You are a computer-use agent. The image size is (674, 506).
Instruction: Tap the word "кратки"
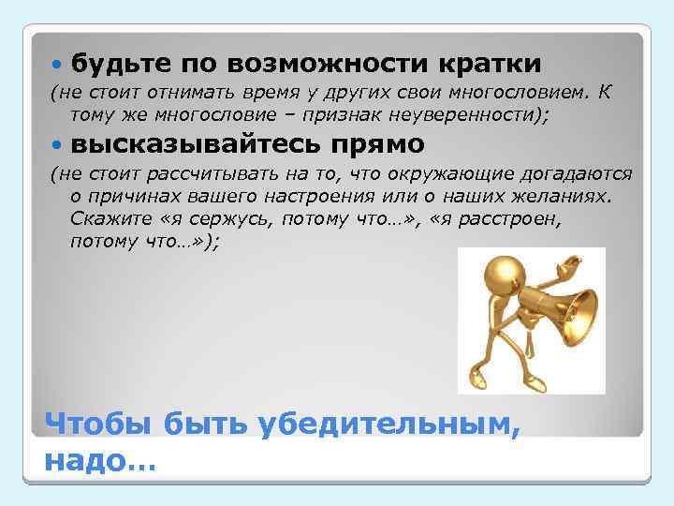(487, 63)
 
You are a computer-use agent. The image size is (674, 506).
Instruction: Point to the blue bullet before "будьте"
(58, 64)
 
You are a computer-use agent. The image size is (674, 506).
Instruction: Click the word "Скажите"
(108, 218)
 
